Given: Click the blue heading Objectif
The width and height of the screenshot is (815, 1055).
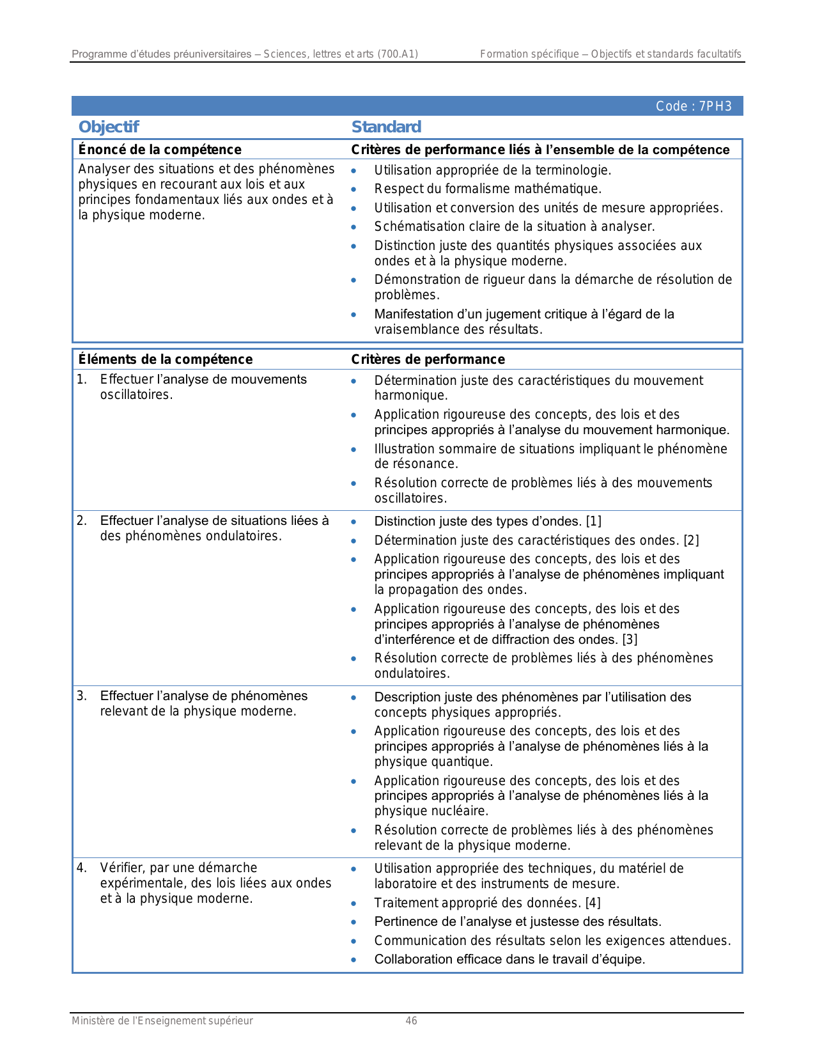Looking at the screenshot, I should [x=108, y=127].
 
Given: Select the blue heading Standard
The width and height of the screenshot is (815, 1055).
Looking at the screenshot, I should [x=386, y=127].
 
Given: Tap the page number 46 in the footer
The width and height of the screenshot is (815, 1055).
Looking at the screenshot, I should [x=411, y=1020].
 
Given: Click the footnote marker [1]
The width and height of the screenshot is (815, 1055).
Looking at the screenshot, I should [x=593, y=521].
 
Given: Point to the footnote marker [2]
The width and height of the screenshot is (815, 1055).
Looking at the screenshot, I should [x=691, y=540].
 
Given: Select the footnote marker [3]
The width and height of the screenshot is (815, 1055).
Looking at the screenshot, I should [x=630, y=639].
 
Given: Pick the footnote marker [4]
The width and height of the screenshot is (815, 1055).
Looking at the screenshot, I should [x=593, y=903].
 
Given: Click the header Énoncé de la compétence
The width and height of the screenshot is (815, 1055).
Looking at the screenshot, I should [x=160, y=150].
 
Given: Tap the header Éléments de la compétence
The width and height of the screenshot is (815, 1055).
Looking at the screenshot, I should [x=165, y=359].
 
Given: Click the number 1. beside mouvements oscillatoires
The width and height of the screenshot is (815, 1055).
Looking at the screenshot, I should [x=82, y=379].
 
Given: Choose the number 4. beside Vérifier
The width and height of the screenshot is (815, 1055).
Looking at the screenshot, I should [x=82, y=868].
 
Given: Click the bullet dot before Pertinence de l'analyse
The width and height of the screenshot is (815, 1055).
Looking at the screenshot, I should [x=353, y=922].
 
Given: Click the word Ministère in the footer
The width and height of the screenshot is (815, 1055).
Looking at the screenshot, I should [x=93, y=1020].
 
